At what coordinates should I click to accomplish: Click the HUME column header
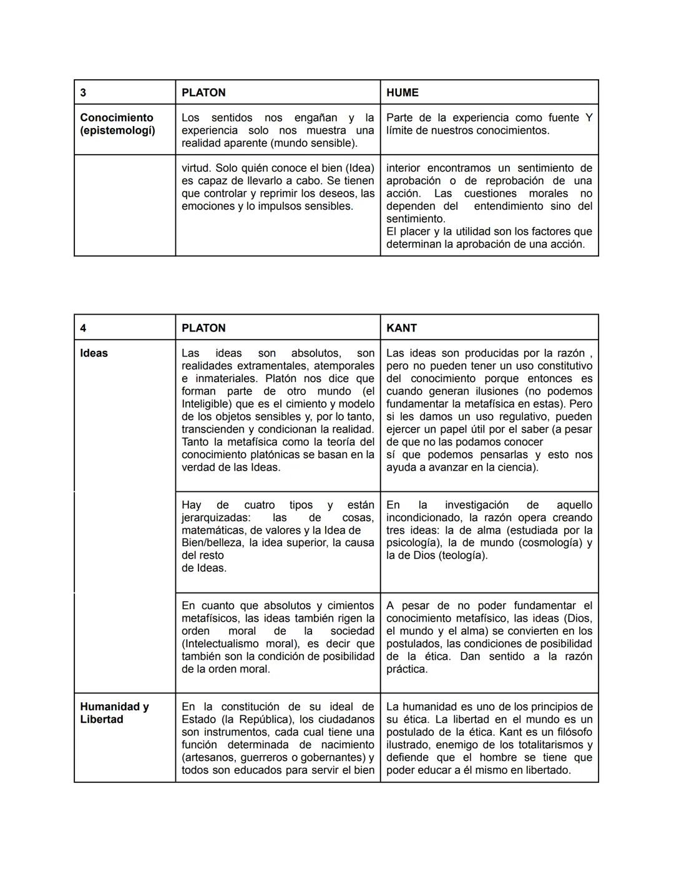coord(402,92)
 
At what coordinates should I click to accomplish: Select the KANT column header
coord(401,328)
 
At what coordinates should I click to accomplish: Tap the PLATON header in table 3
coord(203,92)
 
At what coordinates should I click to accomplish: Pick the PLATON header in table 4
coord(203,328)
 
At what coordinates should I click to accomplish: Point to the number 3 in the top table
coord(84,92)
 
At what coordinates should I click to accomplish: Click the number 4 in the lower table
coord(84,328)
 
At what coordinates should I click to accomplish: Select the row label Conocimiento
coord(117,117)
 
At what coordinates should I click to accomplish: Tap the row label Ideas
coord(94,353)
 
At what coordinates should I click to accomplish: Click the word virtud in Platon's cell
coord(195,168)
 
